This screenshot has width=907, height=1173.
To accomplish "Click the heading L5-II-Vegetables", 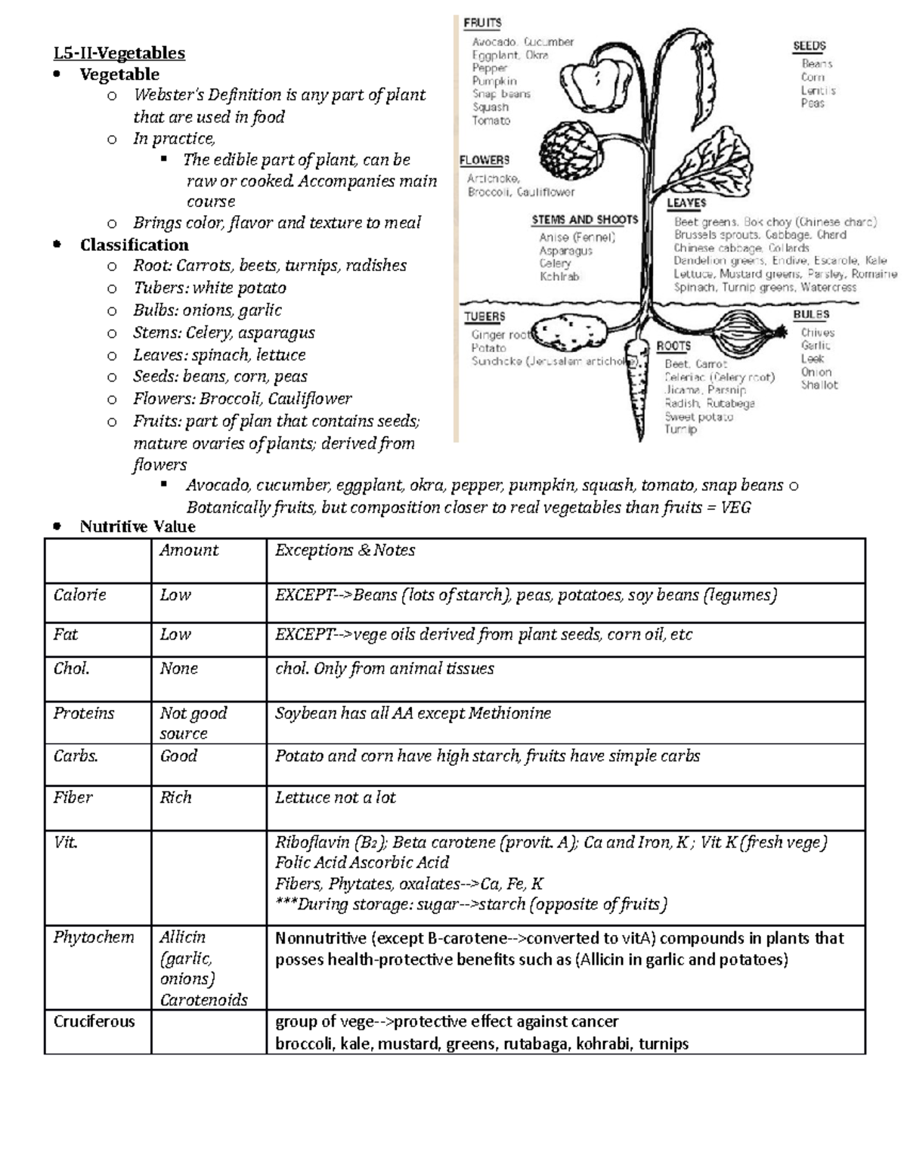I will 119,53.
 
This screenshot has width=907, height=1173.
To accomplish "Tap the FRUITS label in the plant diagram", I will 482,23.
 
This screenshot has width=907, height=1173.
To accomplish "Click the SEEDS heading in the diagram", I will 809,46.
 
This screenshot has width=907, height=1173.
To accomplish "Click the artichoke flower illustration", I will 569,147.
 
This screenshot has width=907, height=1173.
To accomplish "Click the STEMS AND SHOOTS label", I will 584,220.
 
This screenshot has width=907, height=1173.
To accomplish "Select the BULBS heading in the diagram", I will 811,314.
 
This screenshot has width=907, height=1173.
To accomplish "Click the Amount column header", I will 189,551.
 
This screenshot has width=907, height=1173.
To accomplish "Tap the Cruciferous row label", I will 94,1022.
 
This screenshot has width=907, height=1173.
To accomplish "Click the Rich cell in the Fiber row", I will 175,798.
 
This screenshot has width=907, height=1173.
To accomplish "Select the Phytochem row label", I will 93,937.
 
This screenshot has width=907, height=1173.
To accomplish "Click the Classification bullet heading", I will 134,245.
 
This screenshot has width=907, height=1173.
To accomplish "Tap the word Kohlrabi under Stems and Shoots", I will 559,277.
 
